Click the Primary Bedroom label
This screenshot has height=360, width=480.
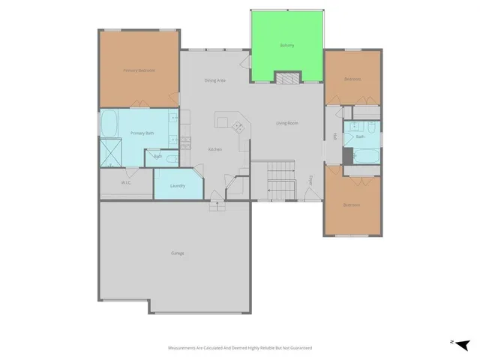coord(139,70)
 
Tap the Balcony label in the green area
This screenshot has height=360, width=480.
coord(286,46)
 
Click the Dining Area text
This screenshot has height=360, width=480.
coord(216,80)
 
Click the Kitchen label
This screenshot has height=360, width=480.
coord(215,149)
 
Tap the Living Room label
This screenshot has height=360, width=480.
coord(288,123)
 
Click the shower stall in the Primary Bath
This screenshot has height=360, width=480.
coord(113,153)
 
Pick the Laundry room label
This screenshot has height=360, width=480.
coord(178,185)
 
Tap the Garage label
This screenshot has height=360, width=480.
coord(177,253)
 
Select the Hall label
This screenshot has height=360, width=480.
coord(334,136)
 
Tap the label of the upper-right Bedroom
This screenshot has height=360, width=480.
coord(352,79)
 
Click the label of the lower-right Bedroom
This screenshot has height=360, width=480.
coord(352,205)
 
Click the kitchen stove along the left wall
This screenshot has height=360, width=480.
coord(185,142)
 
